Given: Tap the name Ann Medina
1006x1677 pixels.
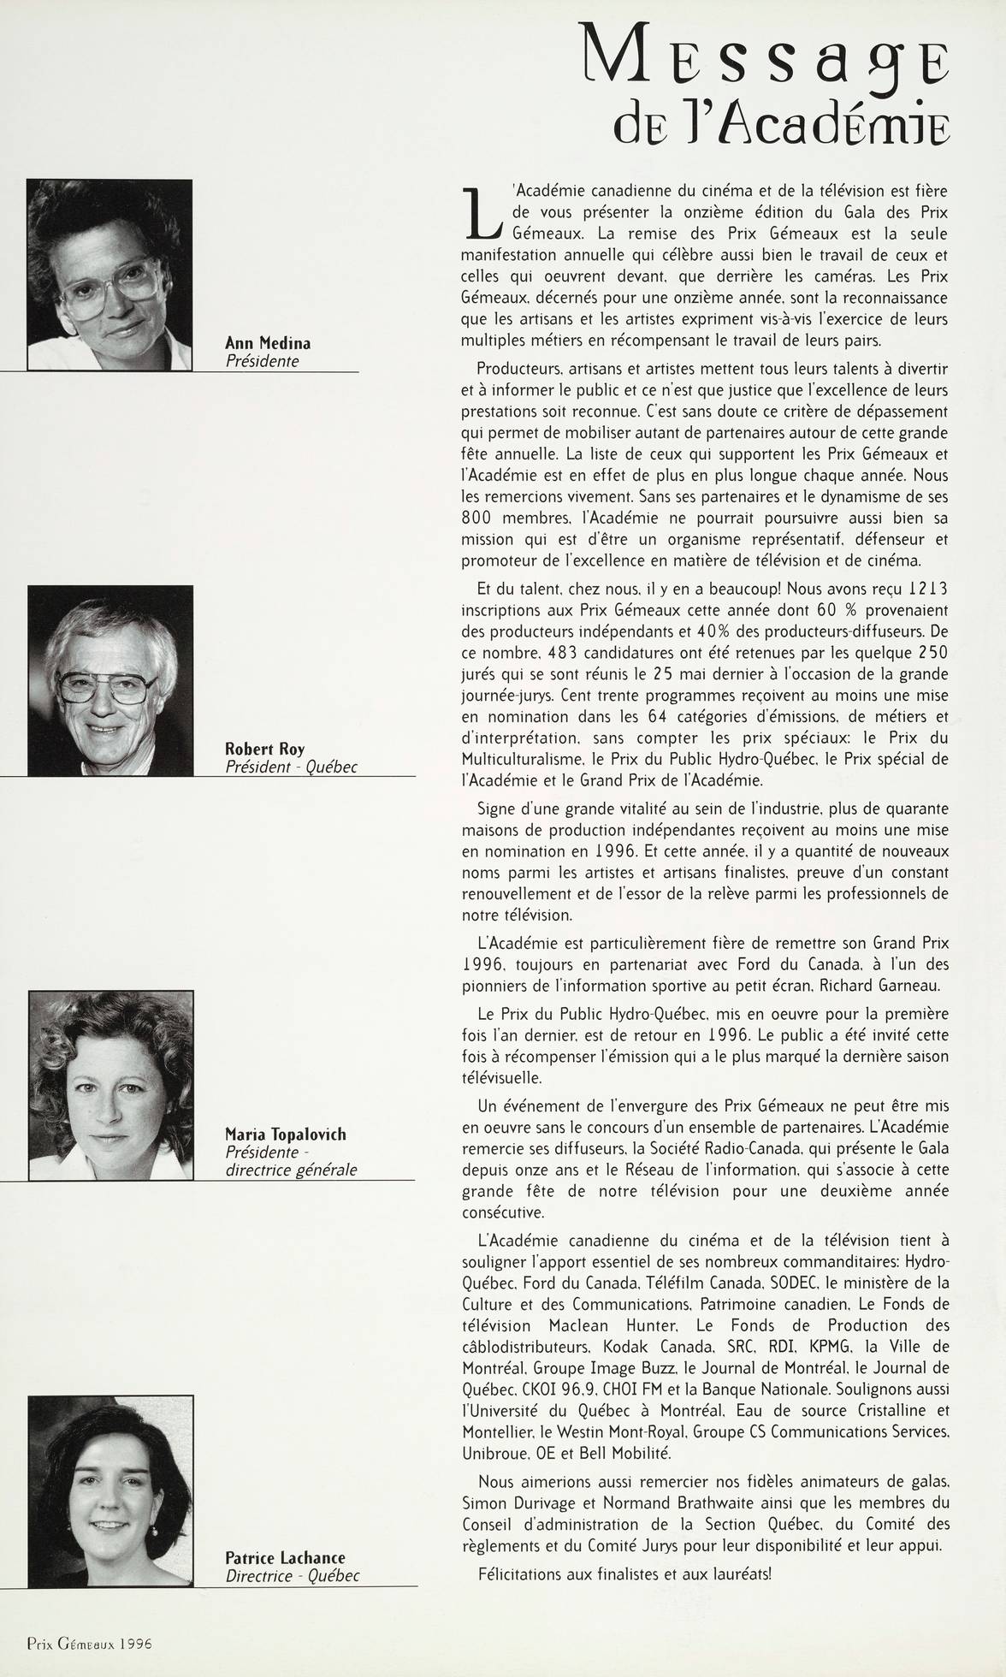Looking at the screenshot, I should point(267,343).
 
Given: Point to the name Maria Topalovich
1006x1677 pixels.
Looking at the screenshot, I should point(285,1135).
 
